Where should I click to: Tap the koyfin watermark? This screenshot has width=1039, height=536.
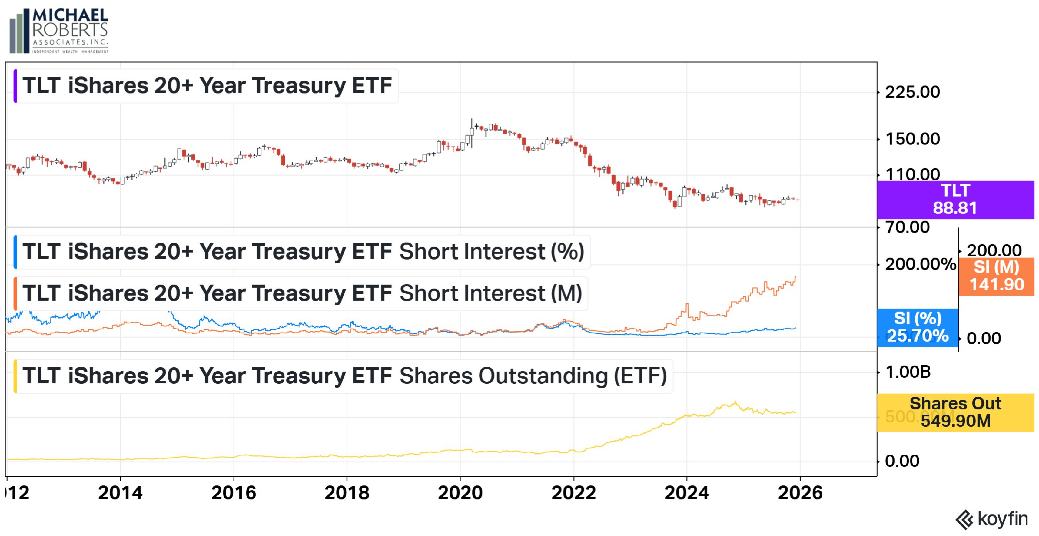pos(992,519)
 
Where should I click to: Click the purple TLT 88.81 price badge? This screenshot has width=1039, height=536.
pos(955,200)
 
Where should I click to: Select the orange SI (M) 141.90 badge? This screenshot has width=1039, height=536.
pos(996,276)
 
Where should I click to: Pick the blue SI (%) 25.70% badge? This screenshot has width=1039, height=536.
pos(918,327)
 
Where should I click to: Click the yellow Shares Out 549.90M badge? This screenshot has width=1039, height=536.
pos(955,412)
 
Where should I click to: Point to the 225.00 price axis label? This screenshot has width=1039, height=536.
pos(912,92)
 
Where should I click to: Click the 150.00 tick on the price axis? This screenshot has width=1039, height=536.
pos(912,139)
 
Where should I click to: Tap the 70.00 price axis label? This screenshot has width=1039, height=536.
pos(908,227)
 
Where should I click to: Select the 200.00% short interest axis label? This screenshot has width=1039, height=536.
pos(920,265)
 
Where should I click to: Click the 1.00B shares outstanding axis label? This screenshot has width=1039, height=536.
pos(908,372)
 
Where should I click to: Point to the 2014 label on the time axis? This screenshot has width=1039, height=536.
pos(120,493)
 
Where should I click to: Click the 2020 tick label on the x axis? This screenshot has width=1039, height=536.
pos(460,493)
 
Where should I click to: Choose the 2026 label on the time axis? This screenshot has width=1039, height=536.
pos(800,493)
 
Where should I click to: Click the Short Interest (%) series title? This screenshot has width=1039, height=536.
pos(303,252)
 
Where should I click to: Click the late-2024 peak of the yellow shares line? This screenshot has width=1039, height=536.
pos(735,402)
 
